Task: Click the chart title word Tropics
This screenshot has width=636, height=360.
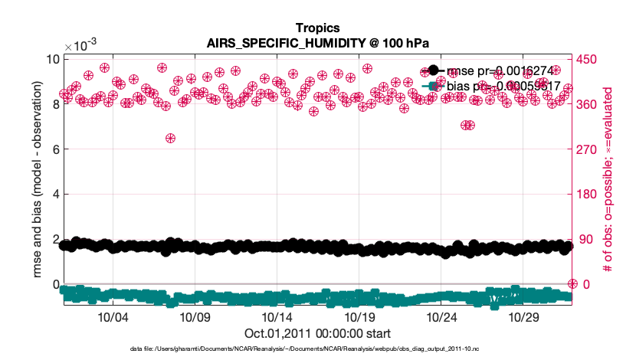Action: [317, 29]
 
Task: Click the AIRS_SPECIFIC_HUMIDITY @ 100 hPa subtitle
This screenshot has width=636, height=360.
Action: [317, 43]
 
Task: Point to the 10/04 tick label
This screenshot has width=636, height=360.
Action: [113, 317]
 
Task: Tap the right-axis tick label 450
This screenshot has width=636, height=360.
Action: [588, 60]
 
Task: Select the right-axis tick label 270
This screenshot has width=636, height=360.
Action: [588, 149]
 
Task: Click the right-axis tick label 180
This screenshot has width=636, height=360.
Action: [588, 195]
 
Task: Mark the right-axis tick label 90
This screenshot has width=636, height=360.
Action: [585, 240]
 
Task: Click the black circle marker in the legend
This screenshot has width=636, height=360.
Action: [433, 71]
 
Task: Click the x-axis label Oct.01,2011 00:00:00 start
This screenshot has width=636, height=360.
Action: [317, 333]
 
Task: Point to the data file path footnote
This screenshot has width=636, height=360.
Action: [305, 349]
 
